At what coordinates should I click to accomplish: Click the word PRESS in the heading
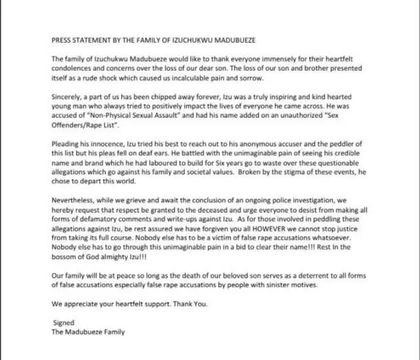point(64,39)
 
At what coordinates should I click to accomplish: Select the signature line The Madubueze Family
point(88,332)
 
